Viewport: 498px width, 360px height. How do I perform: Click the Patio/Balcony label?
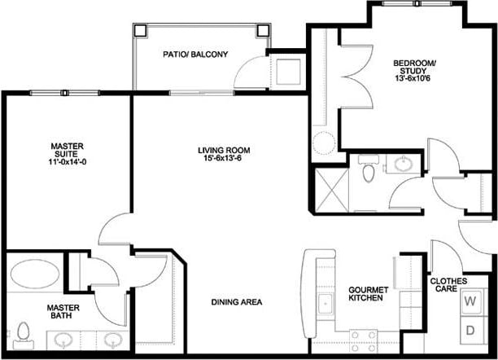[194, 55]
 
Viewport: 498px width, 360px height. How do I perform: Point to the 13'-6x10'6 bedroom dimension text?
[414, 79]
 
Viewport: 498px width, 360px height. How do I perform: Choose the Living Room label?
[223, 150]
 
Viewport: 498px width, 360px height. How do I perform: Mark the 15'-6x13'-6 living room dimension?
[223, 160]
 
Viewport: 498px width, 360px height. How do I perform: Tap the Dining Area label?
[236, 302]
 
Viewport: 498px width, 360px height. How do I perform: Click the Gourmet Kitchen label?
[365, 294]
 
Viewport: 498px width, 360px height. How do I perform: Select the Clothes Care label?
[448, 285]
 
